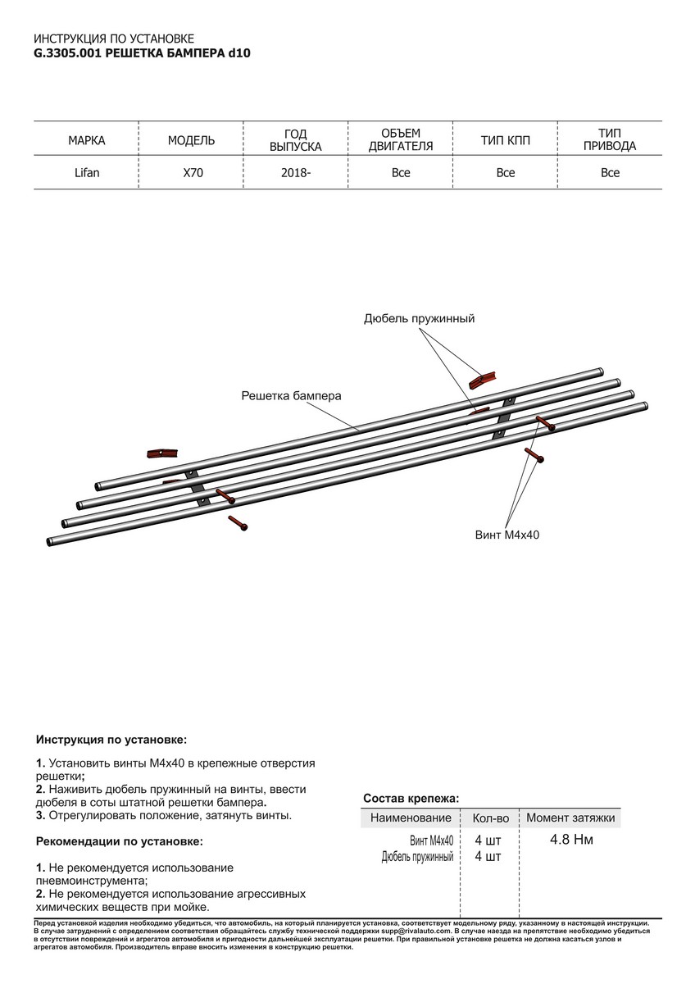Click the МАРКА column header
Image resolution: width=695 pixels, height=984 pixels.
click(x=86, y=140)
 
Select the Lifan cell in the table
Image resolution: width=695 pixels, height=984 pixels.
click(x=86, y=173)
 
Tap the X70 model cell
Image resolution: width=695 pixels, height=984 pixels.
click(x=191, y=173)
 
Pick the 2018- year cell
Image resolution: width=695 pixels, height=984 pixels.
click(x=296, y=173)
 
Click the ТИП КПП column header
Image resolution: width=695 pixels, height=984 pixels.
click(x=506, y=140)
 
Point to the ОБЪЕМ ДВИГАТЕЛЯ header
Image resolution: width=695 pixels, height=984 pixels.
click(x=401, y=140)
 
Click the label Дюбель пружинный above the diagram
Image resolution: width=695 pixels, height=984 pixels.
click(x=419, y=318)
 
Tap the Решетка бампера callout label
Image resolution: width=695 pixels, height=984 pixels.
click(x=291, y=396)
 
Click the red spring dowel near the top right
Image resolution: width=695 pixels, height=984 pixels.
click(x=483, y=379)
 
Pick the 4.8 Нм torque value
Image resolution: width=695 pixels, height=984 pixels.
click(x=572, y=840)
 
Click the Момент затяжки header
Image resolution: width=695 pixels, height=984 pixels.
click(x=571, y=818)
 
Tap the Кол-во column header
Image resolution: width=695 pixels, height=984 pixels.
click(x=490, y=818)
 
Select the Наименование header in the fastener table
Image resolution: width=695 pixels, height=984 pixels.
click(x=411, y=818)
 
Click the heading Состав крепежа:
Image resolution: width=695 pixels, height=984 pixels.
click(x=411, y=798)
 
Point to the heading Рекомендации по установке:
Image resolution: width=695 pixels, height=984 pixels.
click(x=119, y=841)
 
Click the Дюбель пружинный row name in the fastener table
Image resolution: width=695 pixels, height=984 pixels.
click(x=417, y=857)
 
